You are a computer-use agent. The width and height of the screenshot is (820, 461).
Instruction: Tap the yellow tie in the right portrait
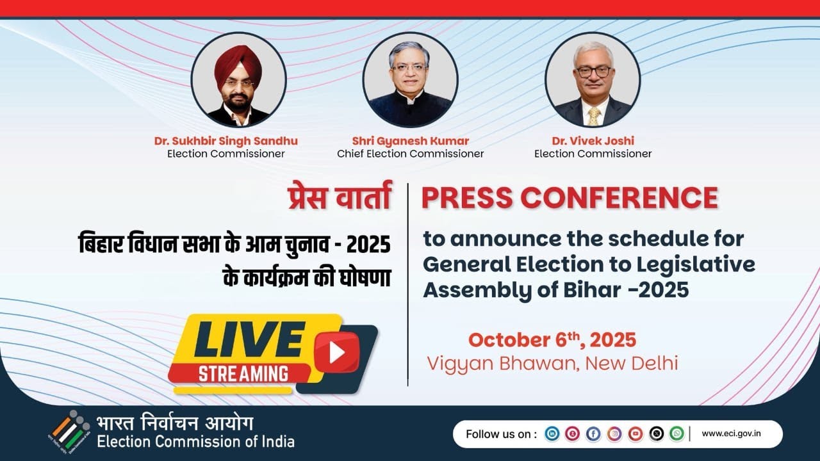pos(594,115)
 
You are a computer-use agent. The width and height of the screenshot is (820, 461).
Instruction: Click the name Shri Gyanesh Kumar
pos(411,141)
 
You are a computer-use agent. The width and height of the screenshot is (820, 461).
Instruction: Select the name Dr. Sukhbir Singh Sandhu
pos(226,141)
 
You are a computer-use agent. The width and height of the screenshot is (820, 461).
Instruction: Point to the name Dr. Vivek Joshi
pos(593,141)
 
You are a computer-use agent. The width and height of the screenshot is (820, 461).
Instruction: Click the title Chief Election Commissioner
pos(411,154)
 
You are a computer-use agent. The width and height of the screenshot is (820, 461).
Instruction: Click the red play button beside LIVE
pos(336,352)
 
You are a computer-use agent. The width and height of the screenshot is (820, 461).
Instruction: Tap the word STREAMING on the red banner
pos(243,373)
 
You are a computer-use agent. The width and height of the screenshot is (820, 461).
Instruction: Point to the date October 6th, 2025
pos(552,339)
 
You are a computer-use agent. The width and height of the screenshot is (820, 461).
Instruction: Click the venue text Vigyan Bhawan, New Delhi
pos(552,363)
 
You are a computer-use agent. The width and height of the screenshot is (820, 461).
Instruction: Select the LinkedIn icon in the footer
pos(552,434)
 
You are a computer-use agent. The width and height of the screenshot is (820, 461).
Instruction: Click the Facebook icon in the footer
pos(594,434)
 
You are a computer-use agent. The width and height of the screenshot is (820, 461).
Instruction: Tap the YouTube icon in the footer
pos(635,434)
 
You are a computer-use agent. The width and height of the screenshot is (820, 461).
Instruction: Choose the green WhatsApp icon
pos(677,434)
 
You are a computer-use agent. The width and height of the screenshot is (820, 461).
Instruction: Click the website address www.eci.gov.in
pos(731,434)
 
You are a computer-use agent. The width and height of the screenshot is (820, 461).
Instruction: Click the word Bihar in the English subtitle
pos(589,290)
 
